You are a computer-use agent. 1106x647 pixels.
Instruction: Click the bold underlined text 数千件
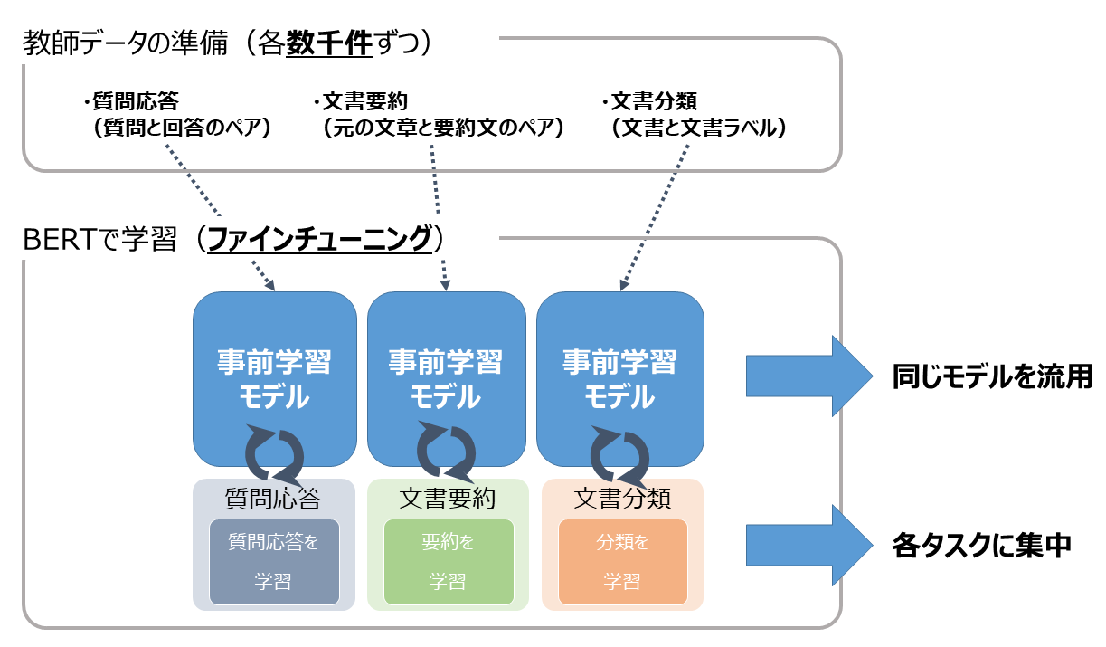[x=329, y=43]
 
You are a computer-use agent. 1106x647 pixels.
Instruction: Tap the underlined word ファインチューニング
[x=319, y=239]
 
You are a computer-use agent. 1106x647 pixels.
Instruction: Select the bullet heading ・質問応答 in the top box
[x=131, y=101]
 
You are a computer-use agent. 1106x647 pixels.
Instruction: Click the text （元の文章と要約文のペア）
[x=443, y=128]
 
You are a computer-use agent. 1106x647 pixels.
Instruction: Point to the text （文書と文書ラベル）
[x=698, y=128]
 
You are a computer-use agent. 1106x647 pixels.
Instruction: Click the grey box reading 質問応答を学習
[x=274, y=562]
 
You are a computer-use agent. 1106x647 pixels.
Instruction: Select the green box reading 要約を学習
[x=449, y=562]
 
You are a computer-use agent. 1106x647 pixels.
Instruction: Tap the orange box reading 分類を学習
[x=622, y=562]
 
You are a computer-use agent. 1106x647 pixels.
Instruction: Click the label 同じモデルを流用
[x=992, y=376]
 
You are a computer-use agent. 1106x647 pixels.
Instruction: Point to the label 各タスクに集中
[x=982, y=546]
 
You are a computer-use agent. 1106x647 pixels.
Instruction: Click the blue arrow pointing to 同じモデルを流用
[x=809, y=376]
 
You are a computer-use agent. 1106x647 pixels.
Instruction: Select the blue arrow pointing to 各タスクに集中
[x=809, y=545]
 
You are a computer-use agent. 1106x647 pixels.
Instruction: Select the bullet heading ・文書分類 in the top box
[x=650, y=101]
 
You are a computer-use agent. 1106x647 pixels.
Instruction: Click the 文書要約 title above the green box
[x=448, y=498]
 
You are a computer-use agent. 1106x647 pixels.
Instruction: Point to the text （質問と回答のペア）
[x=181, y=128]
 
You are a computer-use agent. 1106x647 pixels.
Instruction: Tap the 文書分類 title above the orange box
[x=622, y=498]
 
